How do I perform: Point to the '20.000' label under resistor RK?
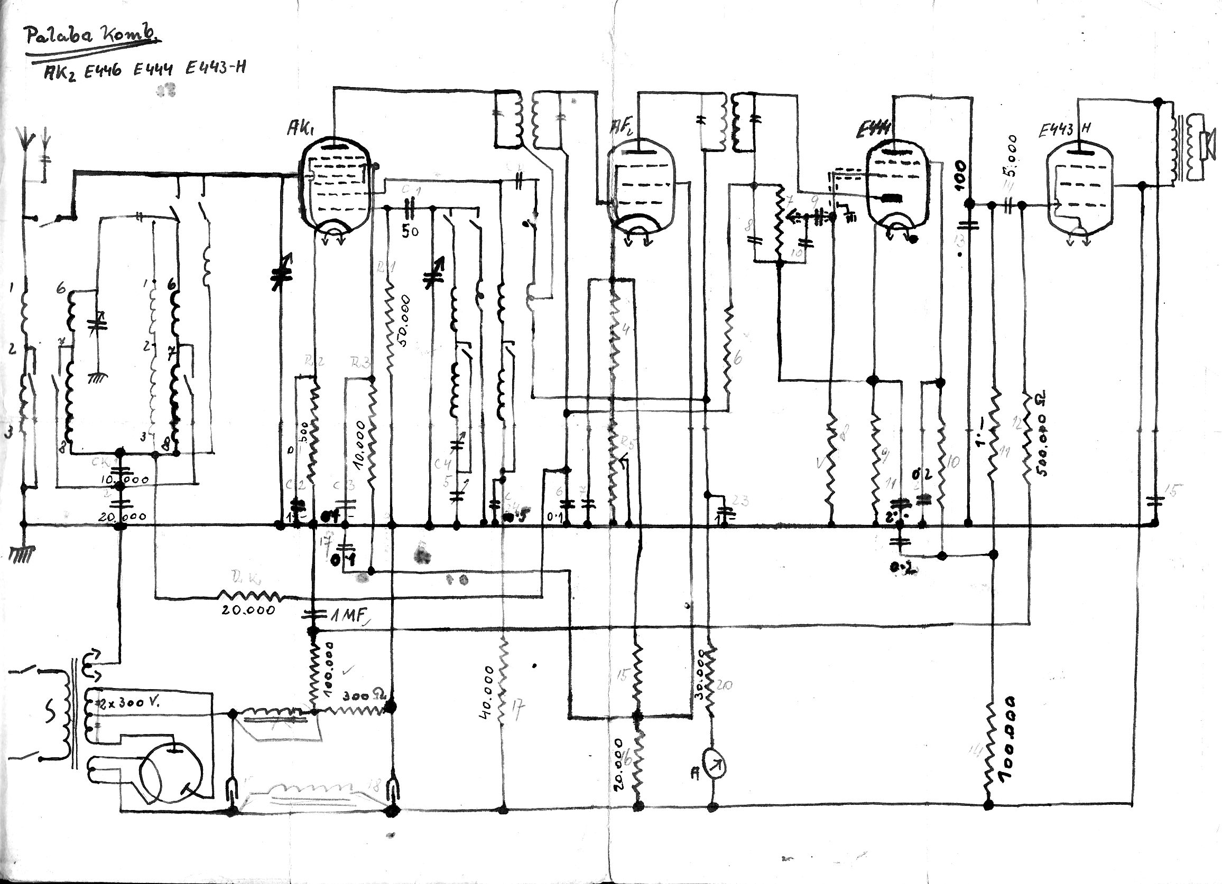[248, 610]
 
